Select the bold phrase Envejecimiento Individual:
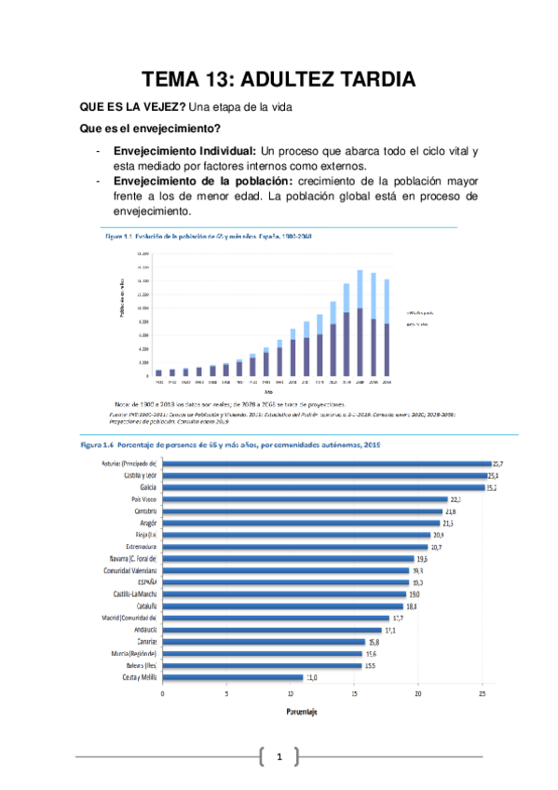coord(184,151)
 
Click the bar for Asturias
coord(326,462)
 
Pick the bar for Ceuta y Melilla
coord(233,677)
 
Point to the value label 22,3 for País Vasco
coord(456,499)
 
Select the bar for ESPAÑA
coord(286,581)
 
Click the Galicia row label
coord(144,486)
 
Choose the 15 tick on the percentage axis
coord(355,693)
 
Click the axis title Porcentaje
coord(300,712)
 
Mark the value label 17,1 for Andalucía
coord(389,630)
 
